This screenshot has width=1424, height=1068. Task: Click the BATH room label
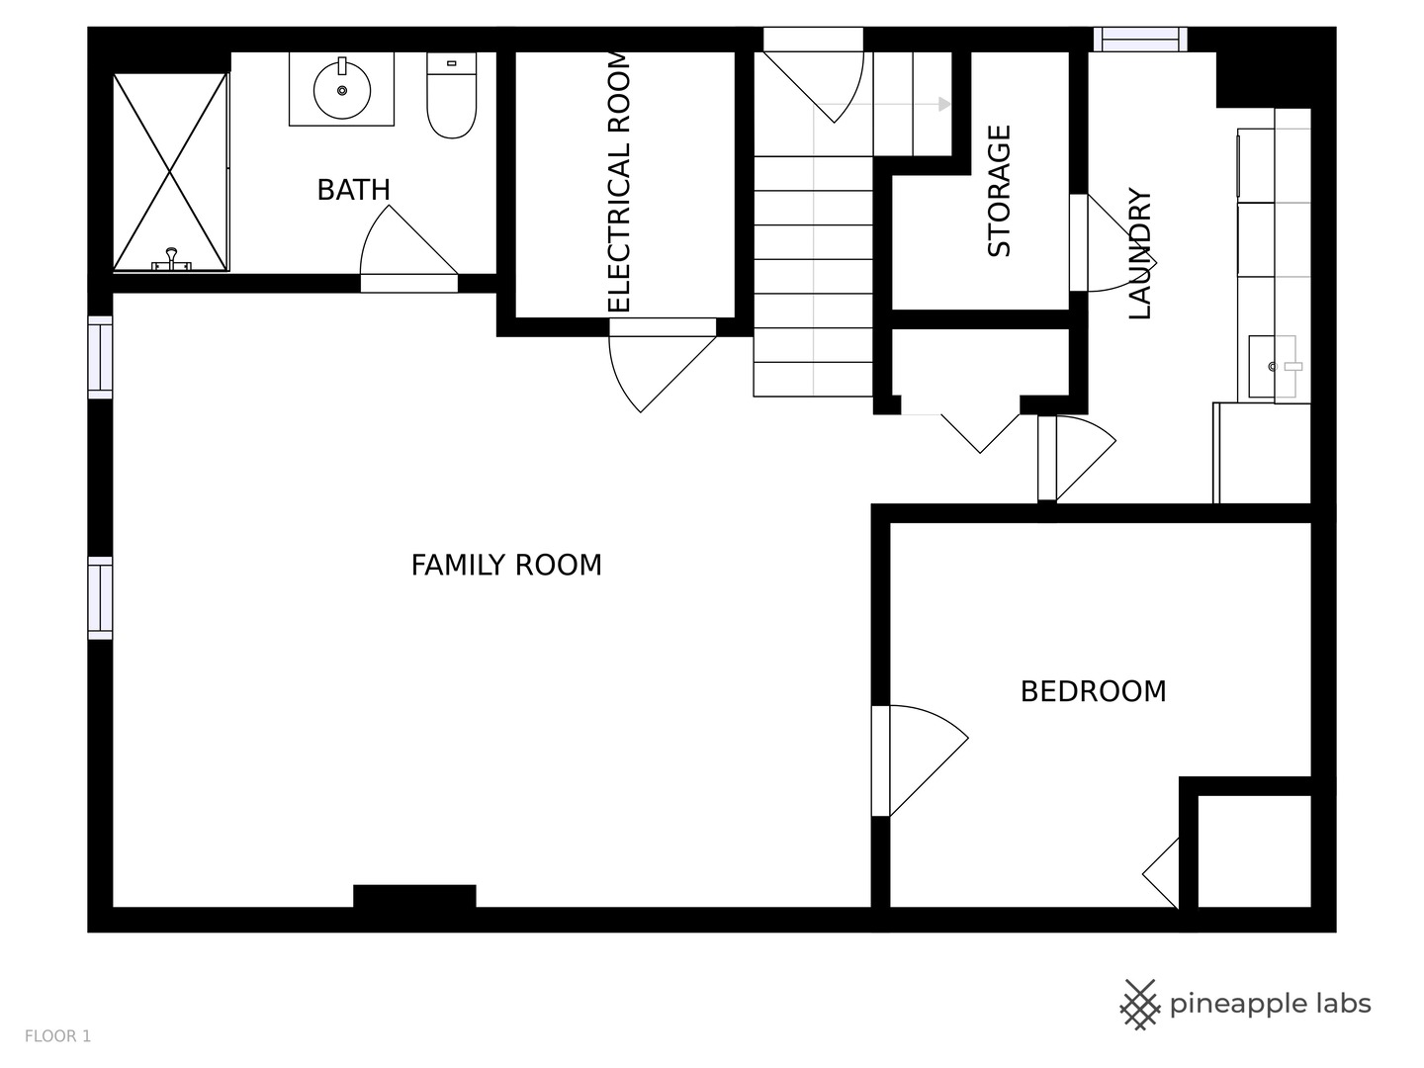click(354, 190)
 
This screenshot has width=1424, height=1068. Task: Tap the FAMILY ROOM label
click(506, 565)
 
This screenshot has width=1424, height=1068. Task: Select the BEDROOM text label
click(1094, 691)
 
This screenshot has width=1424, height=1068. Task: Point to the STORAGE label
click(999, 191)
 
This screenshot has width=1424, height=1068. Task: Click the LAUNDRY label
click(1140, 253)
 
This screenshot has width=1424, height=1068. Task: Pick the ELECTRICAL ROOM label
click(620, 183)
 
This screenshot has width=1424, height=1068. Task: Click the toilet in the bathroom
click(452, 95)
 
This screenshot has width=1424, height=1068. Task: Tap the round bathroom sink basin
click(342, 89)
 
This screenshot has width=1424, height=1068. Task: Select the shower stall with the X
click(171, 172)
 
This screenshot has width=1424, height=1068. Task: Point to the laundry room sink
click(1274, 366)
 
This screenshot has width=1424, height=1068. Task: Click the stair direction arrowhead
click(945, 105)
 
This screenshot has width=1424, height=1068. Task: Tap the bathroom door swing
click(408, 240)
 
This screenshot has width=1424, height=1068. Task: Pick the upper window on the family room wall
click(101, 357)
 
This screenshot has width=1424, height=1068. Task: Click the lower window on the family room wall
click(101, 598)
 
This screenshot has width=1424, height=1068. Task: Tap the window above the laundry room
click(1140, 40)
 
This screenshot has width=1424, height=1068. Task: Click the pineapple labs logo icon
click(1140, 1005)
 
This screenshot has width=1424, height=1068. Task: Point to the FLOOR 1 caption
click(57, 1036)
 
